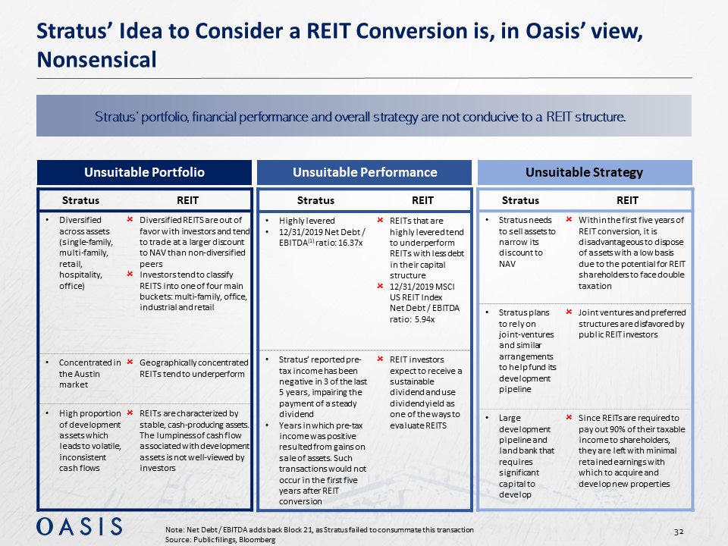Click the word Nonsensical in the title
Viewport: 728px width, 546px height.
pyautogui.click(x=96, y=59)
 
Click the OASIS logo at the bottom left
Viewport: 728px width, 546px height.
pyautogui.click(x=79, y=526)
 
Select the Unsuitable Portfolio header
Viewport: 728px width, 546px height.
pyautogui.click(x=144, y=172)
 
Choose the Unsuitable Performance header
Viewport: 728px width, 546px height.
pyautogui.click(x=365, y=172)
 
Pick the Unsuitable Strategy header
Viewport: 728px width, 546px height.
pyautogui.click(x=585, y=172)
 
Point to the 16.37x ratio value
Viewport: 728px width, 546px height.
pyautogui.click(x=350, y=242)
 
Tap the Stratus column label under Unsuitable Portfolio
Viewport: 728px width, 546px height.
pyautogui.click(x=80, y=200)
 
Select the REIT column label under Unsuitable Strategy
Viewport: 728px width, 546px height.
pyautogui.click(x=627, y=200)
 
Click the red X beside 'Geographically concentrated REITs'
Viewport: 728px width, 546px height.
pyautogui.click(x=130, y=362)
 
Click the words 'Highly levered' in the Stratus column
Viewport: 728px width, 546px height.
pyautogui.click(x=308, y=221)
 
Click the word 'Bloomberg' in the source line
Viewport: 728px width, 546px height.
pyautogui.click(x=253, y=539)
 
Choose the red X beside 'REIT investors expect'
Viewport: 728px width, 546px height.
pyautogui.click(x=381, y=359)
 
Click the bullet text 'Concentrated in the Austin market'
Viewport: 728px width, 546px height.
pyautogui.click(x=89, y=373)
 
